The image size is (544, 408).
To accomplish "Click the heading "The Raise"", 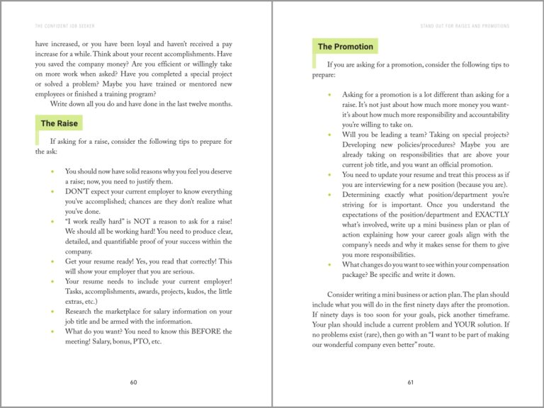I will coord(59,123).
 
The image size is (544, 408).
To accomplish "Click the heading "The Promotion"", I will coord(345,47).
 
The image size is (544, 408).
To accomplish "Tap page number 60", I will coord(134,382).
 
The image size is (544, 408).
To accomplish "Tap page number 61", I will coord(410,382).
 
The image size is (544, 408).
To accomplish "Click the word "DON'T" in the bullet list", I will coord(76,191).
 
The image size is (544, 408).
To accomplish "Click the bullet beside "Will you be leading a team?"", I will coord(329,135).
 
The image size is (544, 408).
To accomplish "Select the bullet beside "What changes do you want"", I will coord(329,265).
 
